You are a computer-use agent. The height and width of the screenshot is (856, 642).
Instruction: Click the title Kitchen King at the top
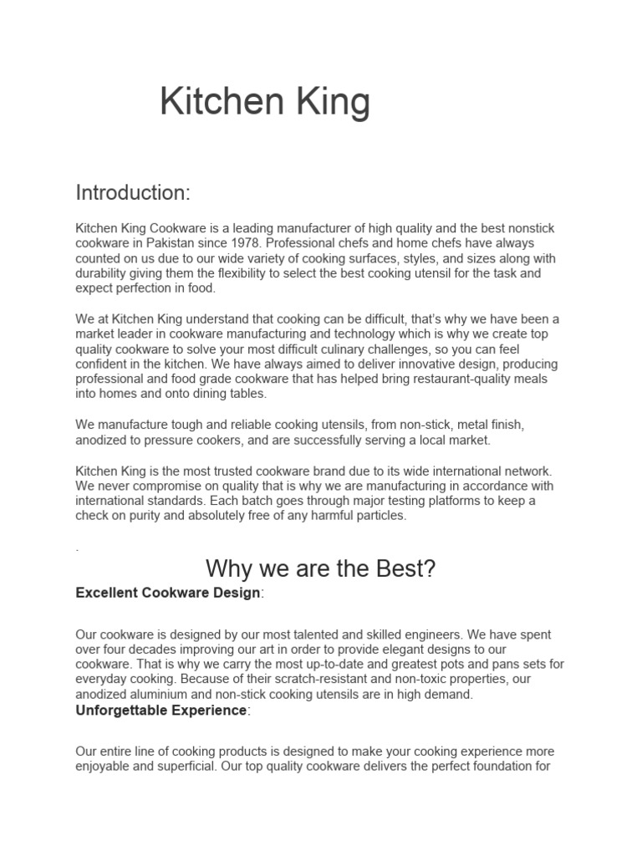264,103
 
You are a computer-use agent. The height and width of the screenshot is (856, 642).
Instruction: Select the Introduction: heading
133,193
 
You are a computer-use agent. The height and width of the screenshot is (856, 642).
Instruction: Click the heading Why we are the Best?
321,569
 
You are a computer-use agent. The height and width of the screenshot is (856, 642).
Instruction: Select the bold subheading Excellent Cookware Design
168,593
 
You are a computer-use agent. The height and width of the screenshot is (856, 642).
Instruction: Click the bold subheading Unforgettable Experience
161,711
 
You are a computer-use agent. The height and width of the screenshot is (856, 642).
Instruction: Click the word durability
104,273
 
